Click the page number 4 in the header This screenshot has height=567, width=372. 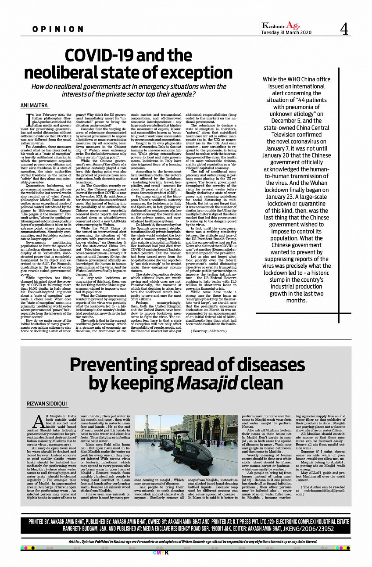coord(343,29)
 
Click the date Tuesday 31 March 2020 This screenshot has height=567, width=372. coord(286,32)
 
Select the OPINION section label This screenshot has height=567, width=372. coord(57,29)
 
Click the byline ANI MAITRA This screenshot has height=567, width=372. coord(35,105)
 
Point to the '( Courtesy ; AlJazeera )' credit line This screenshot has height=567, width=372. coord(208,330)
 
